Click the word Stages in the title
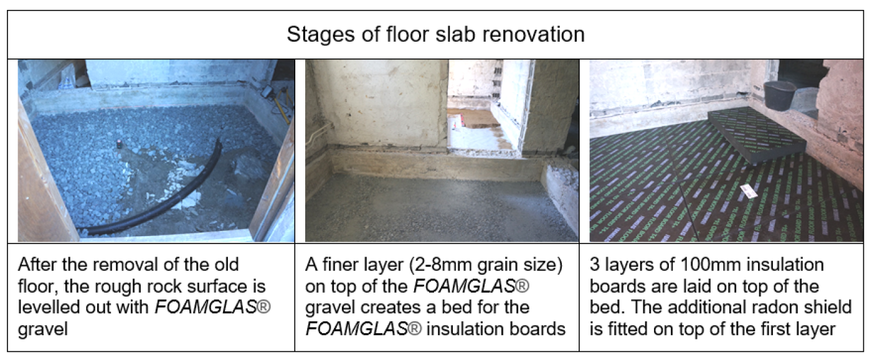321,35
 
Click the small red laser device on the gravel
119,144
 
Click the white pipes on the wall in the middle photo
316,135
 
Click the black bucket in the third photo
779,96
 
